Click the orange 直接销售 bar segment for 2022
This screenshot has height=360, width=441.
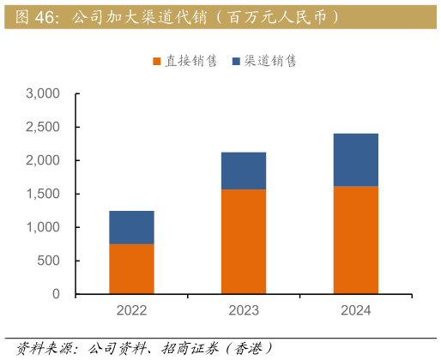pyautogui.click(x=131, y=269)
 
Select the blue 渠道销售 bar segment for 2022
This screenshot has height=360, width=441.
pyautogui.click(x=131, y=228)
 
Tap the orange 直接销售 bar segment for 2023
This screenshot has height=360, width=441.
pyautogui.click(x=243, y=242)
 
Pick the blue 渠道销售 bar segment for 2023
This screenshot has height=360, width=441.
pyautogui.click(x=243, y=171)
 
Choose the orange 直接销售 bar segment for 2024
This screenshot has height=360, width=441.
pyautogui.click(x=355, y=240)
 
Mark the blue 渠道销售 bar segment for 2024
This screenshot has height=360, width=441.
pyautogui.click(x=355, y=160)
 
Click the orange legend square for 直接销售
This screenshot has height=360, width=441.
pyautogui.click(x=157, y=62)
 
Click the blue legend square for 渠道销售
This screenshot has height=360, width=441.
pyautogui.click(x=236, y=62)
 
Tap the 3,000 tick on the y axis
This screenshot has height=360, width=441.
pyautogui.click(x=43, y=93)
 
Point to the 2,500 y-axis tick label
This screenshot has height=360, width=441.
pyautogui.click(x=43, y=127)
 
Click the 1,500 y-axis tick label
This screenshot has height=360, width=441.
pyautogui.click(x=43, y=194)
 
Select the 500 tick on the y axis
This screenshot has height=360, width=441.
pyautogui.click(x=48, y=261)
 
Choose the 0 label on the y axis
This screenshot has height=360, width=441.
pyautogui.click(x=56, y=294)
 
